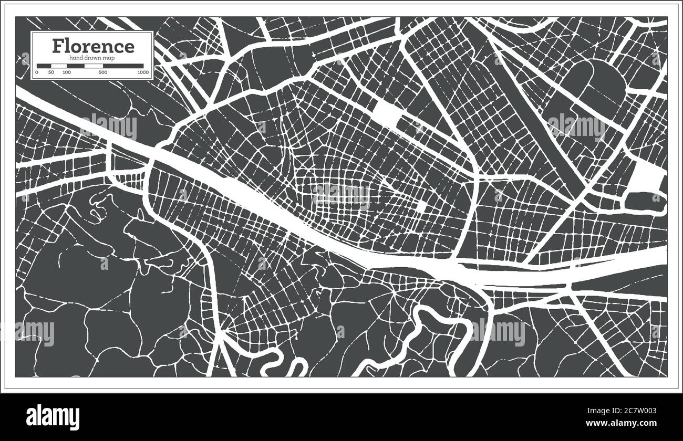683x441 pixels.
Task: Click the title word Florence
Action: [x=92, y=46]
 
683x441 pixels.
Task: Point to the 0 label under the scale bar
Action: [x=37, y=72]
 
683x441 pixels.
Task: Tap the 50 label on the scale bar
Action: [x=51, y=72]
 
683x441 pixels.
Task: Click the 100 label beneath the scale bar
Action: [x=67, y=72]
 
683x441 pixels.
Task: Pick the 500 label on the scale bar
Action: [x=103, y=72]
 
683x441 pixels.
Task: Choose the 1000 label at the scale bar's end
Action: [x=143, y=72]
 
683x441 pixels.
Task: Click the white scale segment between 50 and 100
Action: [x=58, y=66]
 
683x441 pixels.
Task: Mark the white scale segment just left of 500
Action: [x=84, y=66]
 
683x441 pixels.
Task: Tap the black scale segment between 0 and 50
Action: [x=44, y=66]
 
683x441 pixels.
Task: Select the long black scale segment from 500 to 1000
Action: [x=123, y=66]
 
